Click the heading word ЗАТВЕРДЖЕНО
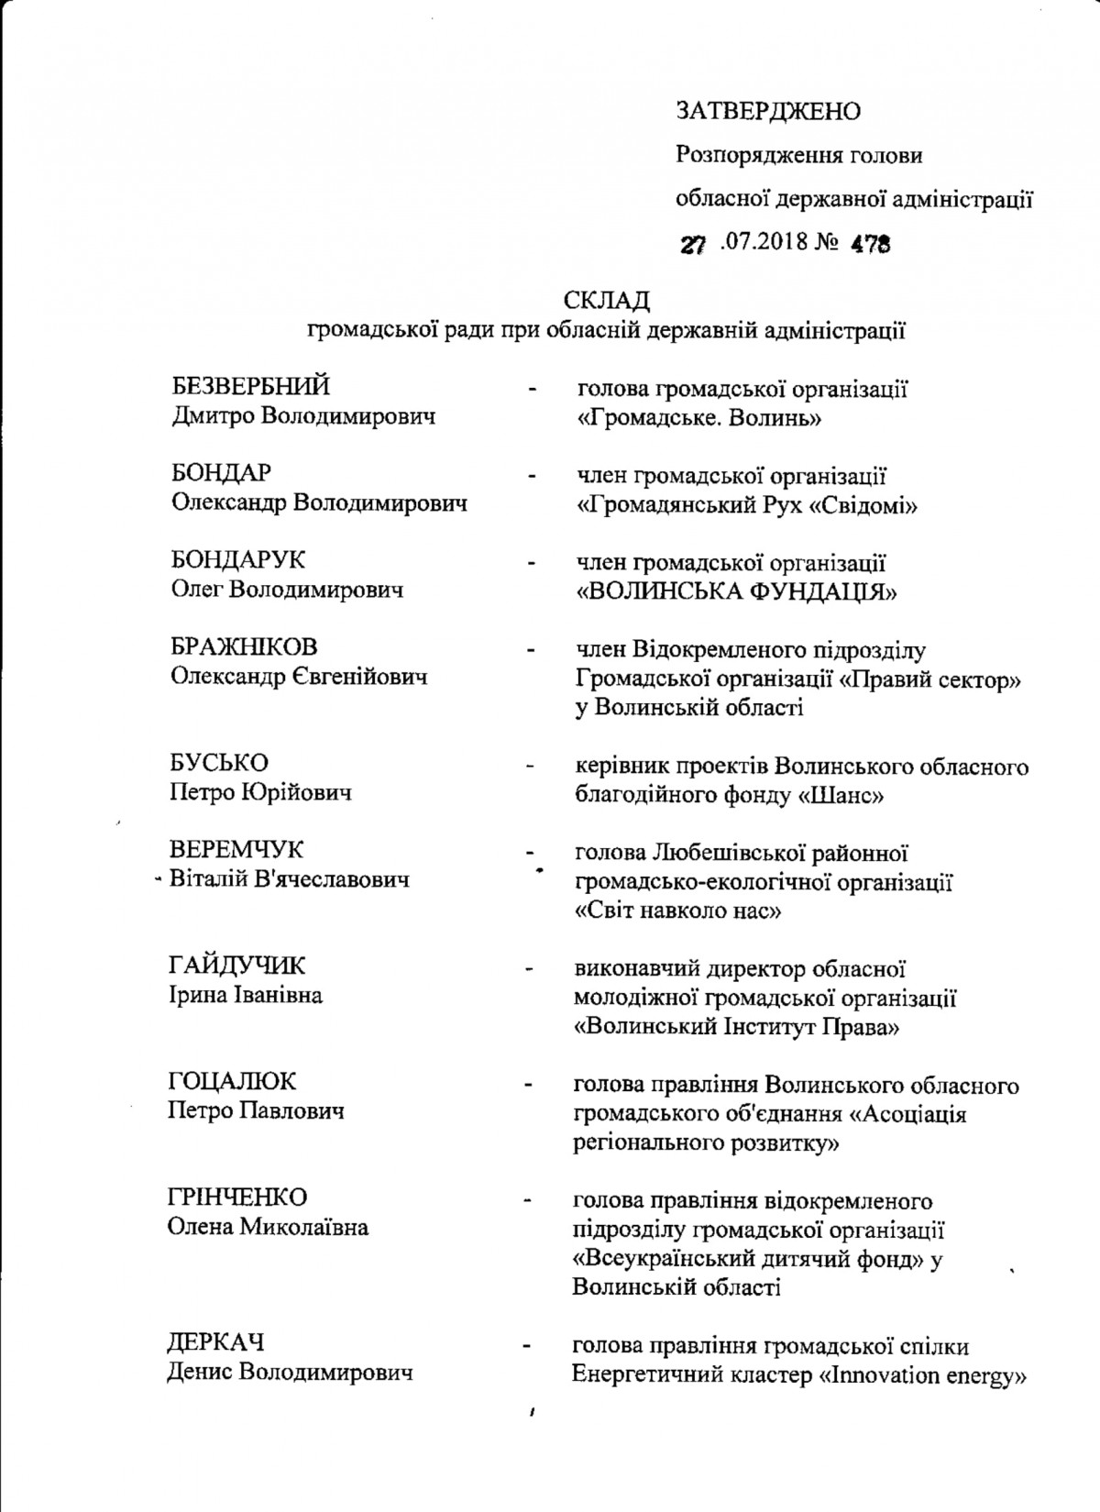tap(768, 111)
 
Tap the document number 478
tap(871, 245)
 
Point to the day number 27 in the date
tap(693, 245)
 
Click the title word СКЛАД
tap(607, 301)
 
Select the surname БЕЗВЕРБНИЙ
tap(251, 386)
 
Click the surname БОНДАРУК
tap(238, 559)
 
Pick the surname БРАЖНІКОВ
tap(245, 646)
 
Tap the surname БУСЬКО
tap(219, 763)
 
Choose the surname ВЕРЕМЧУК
tap(237, 850)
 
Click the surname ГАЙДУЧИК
tap(236, 966)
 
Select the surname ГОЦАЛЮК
tap(233, 1082)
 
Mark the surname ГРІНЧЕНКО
tap(236, 1197)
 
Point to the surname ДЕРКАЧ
tap(215, 1342)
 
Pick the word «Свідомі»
tap(861, 504)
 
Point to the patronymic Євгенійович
tap(370, 678)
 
